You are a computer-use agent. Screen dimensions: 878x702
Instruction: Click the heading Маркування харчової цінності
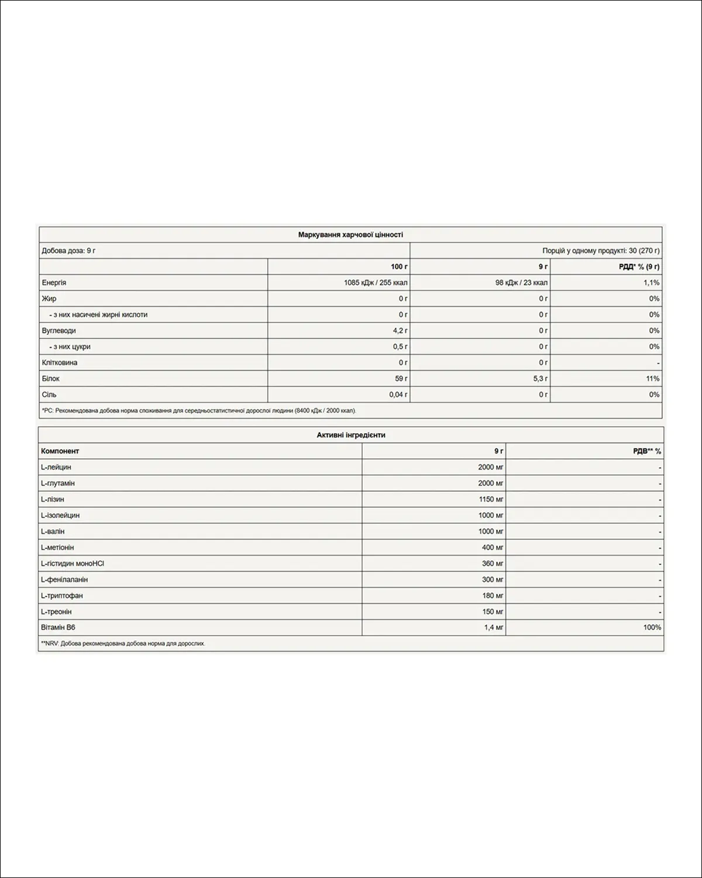[x=350, y=235]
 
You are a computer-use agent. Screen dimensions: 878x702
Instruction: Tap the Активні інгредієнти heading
[x=351, y=435]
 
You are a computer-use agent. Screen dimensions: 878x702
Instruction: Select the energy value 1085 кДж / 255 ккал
[x=376, y=283]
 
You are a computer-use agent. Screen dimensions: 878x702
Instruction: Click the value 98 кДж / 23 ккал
[x=521, y=283]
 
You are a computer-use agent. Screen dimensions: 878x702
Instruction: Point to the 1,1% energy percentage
[x=652, y=283]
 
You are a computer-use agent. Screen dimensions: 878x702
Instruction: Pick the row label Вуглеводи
[x=59, y=331]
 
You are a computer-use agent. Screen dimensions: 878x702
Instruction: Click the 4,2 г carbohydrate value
[x=400, y=331]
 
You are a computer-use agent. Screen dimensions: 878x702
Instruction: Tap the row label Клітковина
[x=60, y=363]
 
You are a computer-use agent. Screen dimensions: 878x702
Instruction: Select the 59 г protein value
[x=401, y=379]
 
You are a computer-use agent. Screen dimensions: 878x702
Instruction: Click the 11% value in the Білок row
[x=653, y=379]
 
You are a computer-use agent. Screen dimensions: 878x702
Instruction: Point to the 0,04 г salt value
[x=398, y=395]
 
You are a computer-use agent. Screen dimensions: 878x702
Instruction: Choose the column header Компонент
[x=60, y=451]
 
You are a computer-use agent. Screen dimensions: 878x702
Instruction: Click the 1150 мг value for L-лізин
[x=490, y=499]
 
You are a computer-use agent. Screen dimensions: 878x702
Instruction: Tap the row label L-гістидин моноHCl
[x=73, y=564]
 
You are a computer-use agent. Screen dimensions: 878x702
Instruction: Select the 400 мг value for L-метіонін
[x=493, y=547]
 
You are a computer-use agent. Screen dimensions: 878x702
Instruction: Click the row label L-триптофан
[x=62, y=596]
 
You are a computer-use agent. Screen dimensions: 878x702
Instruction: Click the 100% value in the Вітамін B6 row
[x=652, y=627]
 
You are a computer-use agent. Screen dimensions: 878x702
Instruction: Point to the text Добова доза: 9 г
[x=68, y=251]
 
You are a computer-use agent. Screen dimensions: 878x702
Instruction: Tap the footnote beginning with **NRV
[x=123, y=643]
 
